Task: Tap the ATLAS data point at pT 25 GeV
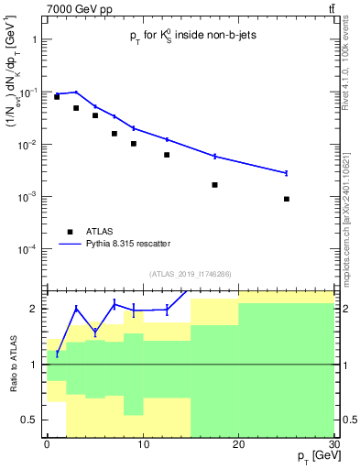pos(287,199)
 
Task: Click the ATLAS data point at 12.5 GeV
pos(167,155)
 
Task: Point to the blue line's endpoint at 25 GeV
pos(287,173)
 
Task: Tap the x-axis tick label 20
pos(238,443)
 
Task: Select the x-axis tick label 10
pos(142,443)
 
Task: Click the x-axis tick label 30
pos(333,443)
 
